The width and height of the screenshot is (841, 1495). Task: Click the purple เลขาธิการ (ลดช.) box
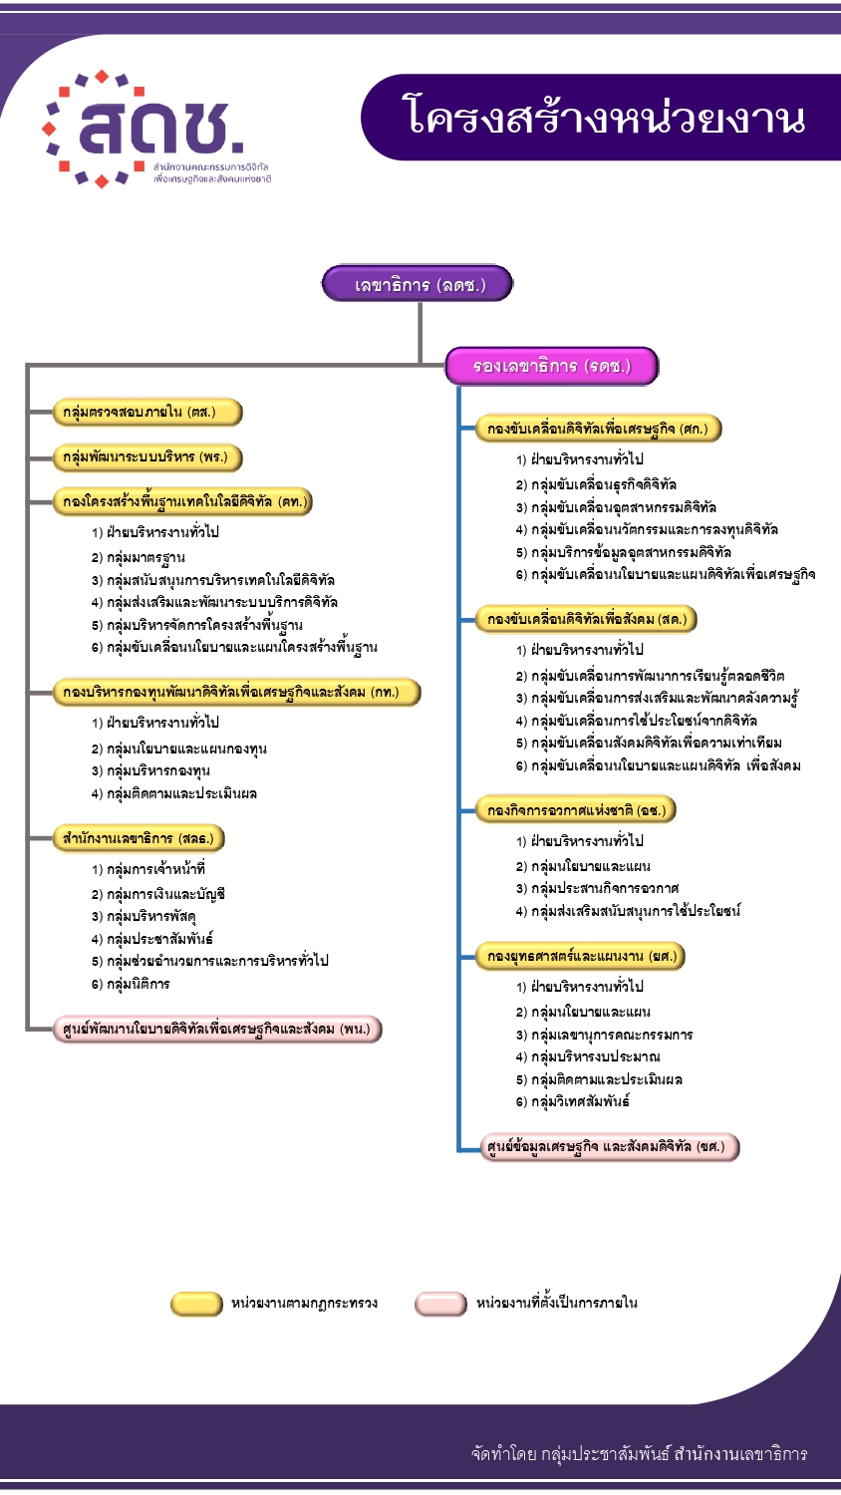418,284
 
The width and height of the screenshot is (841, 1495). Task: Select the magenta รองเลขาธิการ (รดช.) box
551,366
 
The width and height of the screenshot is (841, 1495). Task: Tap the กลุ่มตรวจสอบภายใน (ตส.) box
148,412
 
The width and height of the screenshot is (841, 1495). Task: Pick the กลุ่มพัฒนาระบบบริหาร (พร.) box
148,457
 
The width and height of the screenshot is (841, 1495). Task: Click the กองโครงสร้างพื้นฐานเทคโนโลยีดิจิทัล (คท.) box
182,501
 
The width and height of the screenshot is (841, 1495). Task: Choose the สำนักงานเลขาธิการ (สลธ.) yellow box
138,838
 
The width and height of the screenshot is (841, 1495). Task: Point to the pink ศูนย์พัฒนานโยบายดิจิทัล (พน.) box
217,1029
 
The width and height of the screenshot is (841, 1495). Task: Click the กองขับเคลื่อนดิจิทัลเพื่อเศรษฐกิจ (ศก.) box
598,429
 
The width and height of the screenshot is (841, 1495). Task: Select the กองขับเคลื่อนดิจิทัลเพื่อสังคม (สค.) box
587,619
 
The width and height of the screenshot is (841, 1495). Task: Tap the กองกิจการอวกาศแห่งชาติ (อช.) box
576,810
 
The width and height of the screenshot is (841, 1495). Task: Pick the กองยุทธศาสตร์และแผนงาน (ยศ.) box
581,957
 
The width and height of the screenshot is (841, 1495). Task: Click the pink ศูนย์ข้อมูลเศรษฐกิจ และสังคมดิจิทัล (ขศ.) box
610,1147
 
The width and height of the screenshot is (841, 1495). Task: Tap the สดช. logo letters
159,128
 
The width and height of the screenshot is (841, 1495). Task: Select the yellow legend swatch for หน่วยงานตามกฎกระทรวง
196,1304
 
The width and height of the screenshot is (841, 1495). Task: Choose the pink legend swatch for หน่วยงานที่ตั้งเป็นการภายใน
440,1304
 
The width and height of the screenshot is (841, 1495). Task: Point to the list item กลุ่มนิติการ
138,984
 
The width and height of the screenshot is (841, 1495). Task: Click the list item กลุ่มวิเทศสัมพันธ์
580,1101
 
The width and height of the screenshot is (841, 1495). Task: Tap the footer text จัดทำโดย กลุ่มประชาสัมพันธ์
639,1454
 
